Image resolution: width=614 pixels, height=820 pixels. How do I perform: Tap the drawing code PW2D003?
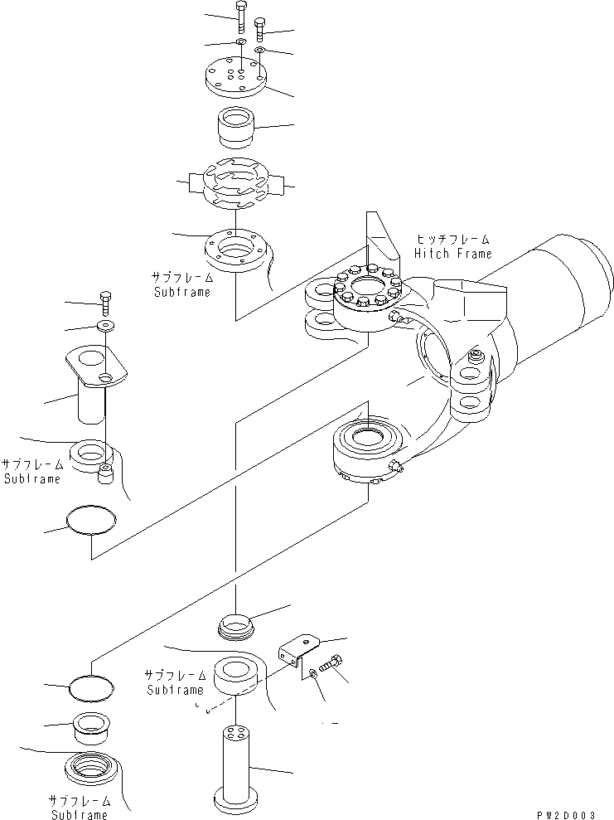click(x=571, y=813)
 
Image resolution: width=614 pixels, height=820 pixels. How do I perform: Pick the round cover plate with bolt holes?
click(x=236, y=76)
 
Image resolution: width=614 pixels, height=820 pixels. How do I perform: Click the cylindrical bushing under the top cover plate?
click(x=236, y=127)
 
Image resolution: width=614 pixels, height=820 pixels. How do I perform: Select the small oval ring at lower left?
click(x=91, y=686)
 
